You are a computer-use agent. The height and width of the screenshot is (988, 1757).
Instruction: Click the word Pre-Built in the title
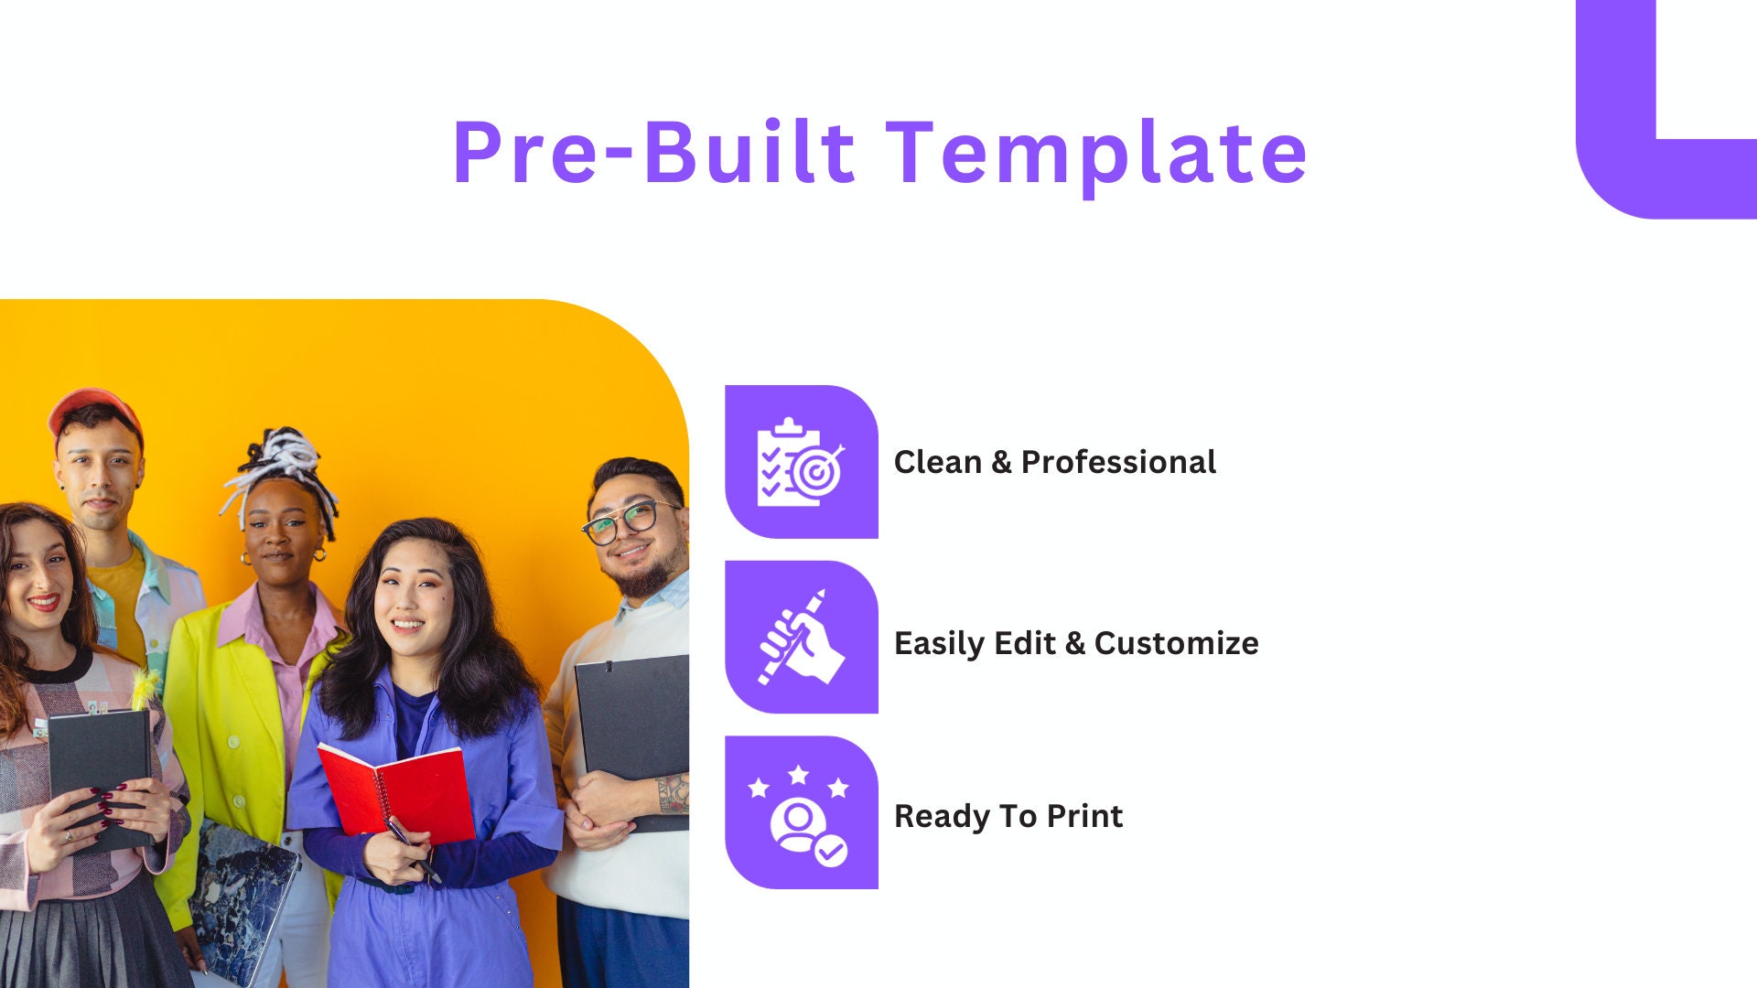[x=653, y=153]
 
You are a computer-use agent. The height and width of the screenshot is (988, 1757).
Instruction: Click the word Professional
[x=1118, y=462]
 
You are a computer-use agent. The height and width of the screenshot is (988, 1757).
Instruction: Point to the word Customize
[x=1176, y=643]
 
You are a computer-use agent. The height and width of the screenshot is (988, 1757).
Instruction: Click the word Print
[x=1084, y=816]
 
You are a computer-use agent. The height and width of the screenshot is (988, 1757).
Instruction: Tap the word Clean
[x=937, y=462]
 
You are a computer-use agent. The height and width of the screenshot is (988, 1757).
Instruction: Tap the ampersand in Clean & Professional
[x=1001, y=462]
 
